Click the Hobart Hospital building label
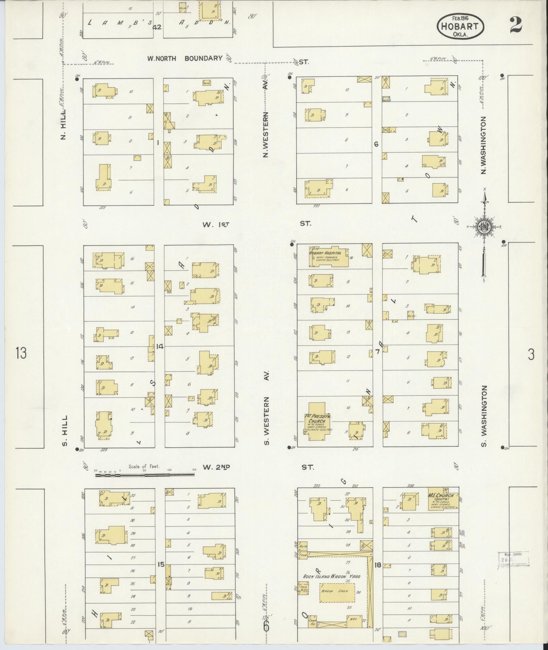pyautogui.click(x=325, y=253)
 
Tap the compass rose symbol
pyautogui.click(x=484, y=227)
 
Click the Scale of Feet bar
pyautogui.click(x=145, y=475)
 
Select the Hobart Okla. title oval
pyautogui.click(x=460, y=27)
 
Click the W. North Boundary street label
pyautogui.click(x=185, y=58)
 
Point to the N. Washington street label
pyautogui.click(x=484, y=145)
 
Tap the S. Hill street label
pyautogui.click(x=65, y=431)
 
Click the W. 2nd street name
pyautogui.click(x=216, y=467)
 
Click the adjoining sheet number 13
pyautogui.click(x=21, y=353)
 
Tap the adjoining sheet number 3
pyautogui.click(x=531, y=355)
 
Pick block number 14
pyautogui.click(x=160, y=347)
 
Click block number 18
pyautogui.click(x=378, y=565)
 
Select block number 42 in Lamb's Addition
pyautogui.click(x=157, y=27)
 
